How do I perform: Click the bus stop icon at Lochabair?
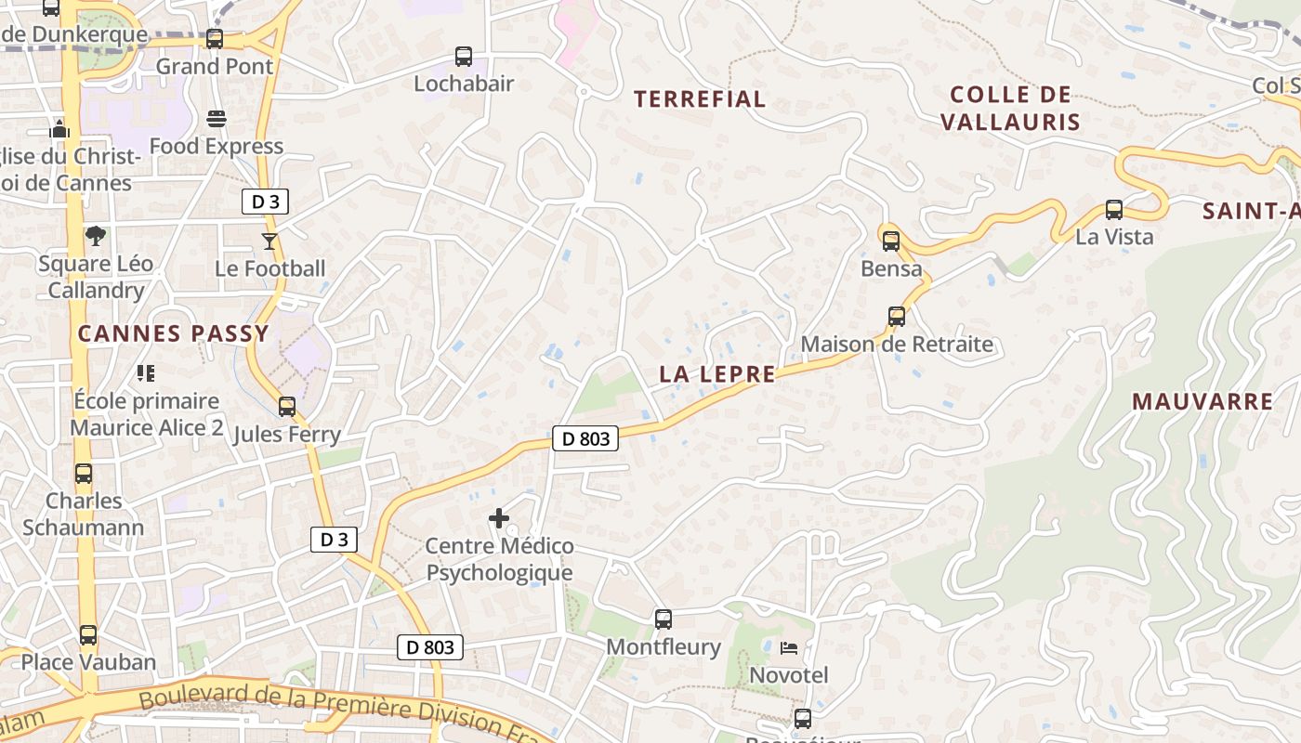(x=463, y=57)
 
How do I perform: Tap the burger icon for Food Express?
(x=217, y=119)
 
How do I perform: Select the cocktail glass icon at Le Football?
(x=269, y=241)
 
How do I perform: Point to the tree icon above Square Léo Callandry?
(x=95, y=236)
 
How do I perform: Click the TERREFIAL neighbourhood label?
(x=700, y=98)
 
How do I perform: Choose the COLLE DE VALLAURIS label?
(x=1010, y=108)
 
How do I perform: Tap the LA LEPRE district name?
(x=717, y=374)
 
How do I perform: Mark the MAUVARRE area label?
(x=1202, y=401)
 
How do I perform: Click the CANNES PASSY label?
(x=173, y=333)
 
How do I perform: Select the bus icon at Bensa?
(x=891, y=241)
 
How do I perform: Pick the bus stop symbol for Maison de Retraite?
(x=897, y=317)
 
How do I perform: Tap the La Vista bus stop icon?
(x=1114, y=210)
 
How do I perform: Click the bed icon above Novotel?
(x=789, y=647)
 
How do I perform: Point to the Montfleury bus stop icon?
(x=664, y=619)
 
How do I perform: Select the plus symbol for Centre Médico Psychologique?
(x=499, y=518)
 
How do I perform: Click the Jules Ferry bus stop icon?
(x=287, y=407)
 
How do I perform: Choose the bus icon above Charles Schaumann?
(x=84, y=474)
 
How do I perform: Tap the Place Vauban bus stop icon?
(x=88, y=635)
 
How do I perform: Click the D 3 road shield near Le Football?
(x=266, y=202)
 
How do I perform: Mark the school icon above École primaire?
(x=146, y=373)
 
